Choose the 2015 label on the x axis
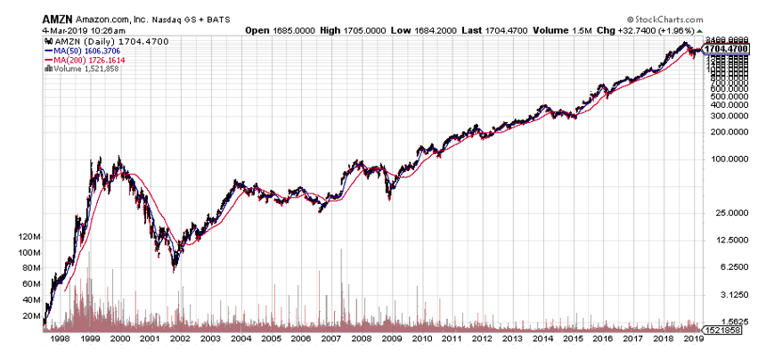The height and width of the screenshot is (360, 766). [574, 340]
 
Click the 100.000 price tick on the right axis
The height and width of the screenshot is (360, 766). [724, 160]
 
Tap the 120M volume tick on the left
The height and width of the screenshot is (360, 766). [29, 237]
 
